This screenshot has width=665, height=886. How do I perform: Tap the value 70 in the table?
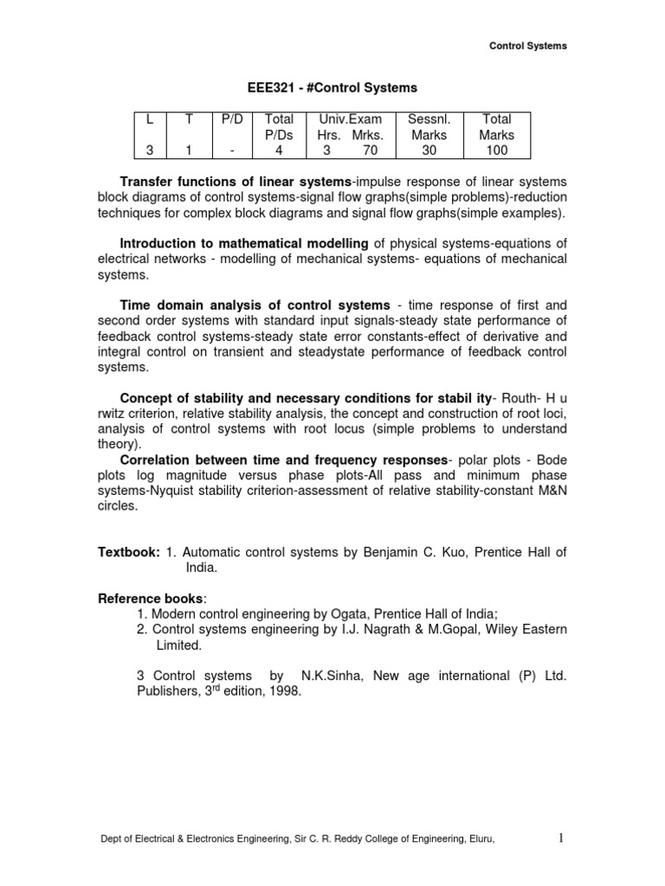(x=371, y=151)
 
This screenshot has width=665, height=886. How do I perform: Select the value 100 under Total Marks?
(x=496, y=151)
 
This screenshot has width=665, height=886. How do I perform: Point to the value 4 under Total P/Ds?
(x=279, y=151)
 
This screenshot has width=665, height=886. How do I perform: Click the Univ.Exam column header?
(x=350, y=119)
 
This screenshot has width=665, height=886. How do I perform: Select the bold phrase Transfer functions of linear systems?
(x=235, y=182)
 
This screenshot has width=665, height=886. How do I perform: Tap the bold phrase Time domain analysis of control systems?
(x=255, y=305)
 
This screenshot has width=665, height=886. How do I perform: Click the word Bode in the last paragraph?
(x=549, y=459)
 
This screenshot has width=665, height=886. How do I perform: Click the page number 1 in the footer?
(x=561, y=862)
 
